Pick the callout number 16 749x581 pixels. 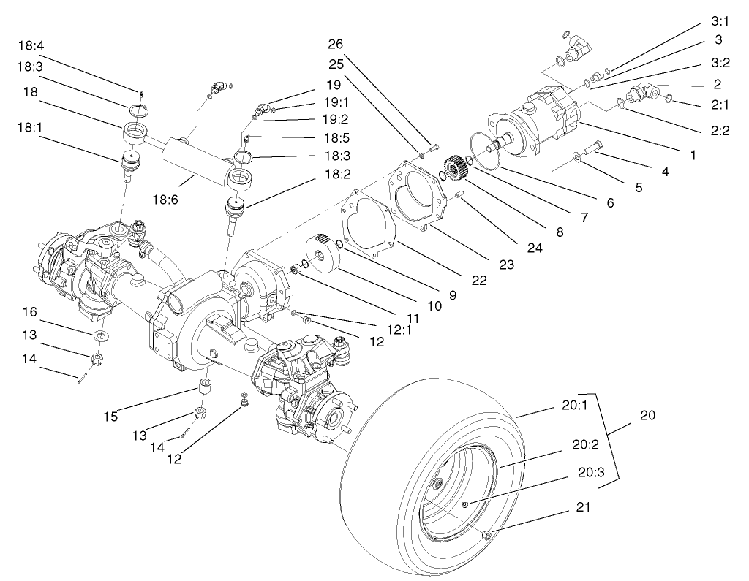(29, 311)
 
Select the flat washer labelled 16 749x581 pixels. (100, 335)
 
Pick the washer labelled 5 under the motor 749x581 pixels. (578, 156)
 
